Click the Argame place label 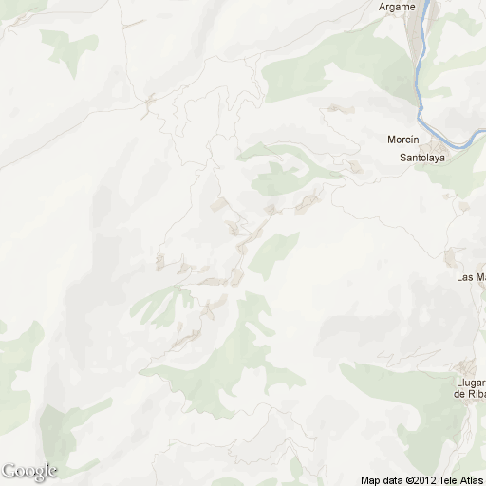(x=396, y=7)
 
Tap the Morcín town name (x=402, y=140)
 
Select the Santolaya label (x=422, y=158)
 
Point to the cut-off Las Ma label (x=471, y=277)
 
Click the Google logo (x=28, y=471)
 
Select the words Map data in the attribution (x=381, y=479)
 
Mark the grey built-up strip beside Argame (x=414, y=38)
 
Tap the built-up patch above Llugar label (x=464, y=368)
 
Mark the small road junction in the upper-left (x=149, y=103)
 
